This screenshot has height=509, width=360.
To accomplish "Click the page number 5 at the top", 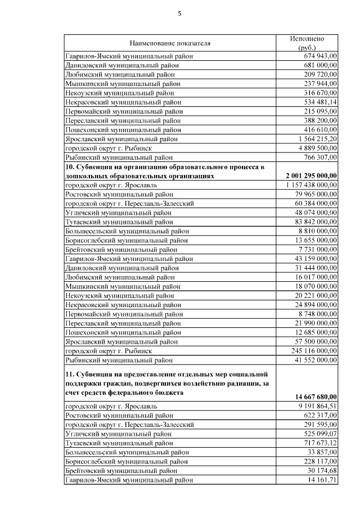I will pos(179,13).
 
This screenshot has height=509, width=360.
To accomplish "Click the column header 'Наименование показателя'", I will pos(169,43).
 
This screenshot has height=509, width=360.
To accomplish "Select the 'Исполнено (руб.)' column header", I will pos(307,43).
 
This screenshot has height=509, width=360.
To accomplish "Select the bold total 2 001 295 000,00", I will pos(311,175).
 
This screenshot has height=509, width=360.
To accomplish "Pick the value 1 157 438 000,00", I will pos(312,184).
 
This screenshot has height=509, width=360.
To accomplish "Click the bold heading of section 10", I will pos(164,171).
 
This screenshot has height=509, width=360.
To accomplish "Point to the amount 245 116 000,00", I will pos(314,350).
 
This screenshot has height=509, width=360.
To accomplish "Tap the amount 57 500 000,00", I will pos(316,341).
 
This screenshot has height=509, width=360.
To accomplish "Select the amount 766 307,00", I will pos(320,157).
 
